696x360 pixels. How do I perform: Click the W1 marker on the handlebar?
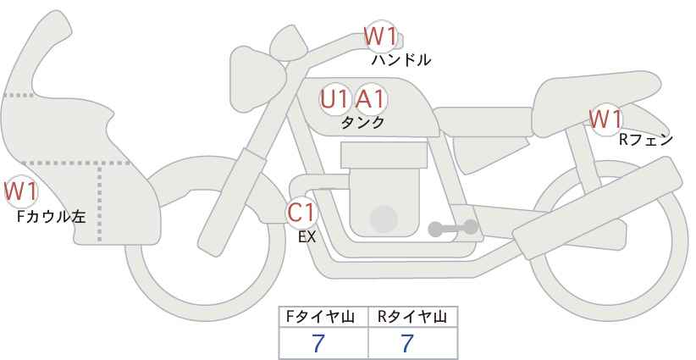tap(380, 36)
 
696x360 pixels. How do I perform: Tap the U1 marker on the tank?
tap(335, 99)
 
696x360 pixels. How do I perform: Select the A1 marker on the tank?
tap(371, 99)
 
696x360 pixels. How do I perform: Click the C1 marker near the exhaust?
tap(301, 213)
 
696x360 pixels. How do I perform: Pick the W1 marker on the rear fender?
tap(605, 119)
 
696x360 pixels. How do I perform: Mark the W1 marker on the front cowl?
tap(20, 192)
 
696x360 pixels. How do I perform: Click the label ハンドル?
tap(400, 60)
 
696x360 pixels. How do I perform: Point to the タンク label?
tap(362, 122)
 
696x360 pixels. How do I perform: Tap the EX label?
tap(307, 237)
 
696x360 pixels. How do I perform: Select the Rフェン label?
tap(646, 140)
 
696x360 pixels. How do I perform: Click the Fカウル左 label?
tap(51, 217)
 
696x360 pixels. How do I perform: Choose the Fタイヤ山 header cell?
tap(323, 317)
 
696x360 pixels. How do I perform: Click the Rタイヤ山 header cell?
tap(413, 317)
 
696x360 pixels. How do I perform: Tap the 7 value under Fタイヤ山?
tap(318, 343)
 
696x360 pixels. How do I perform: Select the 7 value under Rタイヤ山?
tap(407, 343)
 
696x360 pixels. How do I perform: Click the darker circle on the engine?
tap(384, 219)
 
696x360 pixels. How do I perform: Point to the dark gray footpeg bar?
tap(453, 228)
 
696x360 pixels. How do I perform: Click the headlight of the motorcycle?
tap(256, 79)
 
